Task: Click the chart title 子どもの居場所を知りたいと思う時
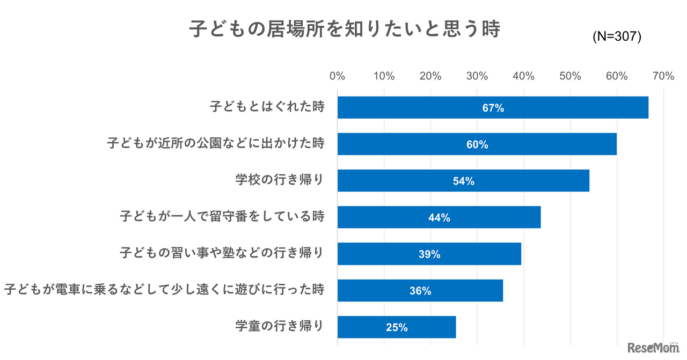click(345, 30)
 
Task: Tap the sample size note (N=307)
click(617, 36)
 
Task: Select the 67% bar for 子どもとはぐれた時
click(493, 108)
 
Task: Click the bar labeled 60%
click(477, 144)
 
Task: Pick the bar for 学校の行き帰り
click(463, 181)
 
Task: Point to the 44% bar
click(438, 217)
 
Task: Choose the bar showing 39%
click(429, 254)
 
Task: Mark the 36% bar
click(420, 290)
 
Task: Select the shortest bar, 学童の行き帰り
click(396, 327)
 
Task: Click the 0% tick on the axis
click(337, 76)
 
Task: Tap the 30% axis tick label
click(477, 76)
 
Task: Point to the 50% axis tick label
click(570, 76)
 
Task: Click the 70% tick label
click(663, 76)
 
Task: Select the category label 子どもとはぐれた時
click(267, 107)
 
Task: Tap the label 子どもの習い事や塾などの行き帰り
click(222, 253)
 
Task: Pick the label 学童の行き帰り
click(280, 326)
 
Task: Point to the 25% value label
click(397, 327)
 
